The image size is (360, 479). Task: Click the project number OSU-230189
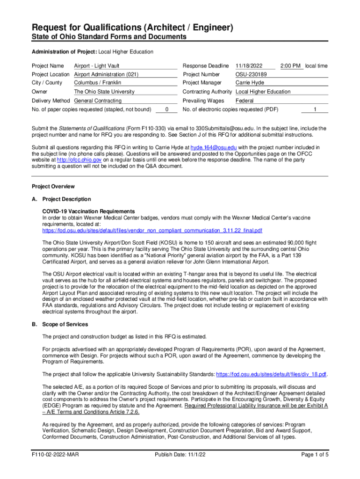coord(251,74)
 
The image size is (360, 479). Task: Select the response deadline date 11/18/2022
coord(249,66)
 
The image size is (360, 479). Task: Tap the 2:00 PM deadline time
coord(290,66)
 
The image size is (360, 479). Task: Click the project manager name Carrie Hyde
coord(250,83)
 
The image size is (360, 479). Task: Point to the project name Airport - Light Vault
coord(97,66)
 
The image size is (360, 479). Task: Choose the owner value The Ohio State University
coord(104,92)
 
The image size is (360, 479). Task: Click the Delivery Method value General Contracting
coord(98,101)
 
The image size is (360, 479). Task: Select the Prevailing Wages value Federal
coord(245,101)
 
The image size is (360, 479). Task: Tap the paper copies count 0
coord(167,109)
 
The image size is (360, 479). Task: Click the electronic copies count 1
coord(315,109)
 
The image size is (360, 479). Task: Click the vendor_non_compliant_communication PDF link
coord(152,231)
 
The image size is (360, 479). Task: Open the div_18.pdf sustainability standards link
coord(271,374)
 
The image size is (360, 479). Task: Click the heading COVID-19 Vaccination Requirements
coord(88,211)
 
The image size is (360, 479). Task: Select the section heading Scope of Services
coord(65,324)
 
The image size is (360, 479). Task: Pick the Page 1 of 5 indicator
coord(315,455)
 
